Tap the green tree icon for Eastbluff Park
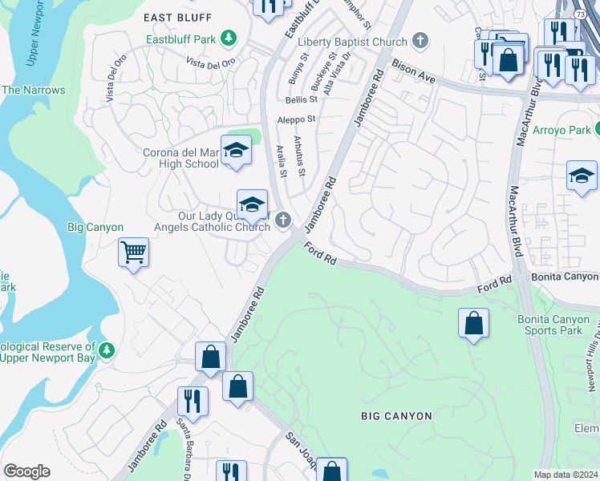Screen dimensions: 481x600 tap(229, 38)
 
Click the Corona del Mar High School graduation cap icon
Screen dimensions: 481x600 tap(236, 150)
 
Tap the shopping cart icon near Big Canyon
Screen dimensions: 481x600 tap(133, 253)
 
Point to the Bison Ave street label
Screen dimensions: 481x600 tap(413, 74)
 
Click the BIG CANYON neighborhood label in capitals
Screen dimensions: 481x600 tap(396, 416)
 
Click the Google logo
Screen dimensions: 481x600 tap(26, 471)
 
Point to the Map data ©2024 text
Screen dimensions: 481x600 tap(566, 475)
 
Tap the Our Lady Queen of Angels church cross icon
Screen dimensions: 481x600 tap(282, 220)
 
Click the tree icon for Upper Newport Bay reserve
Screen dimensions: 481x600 tap(106, 350)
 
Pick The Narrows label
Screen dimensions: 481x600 tap(33, 90)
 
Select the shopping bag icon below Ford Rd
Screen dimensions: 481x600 tap(473, 323)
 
